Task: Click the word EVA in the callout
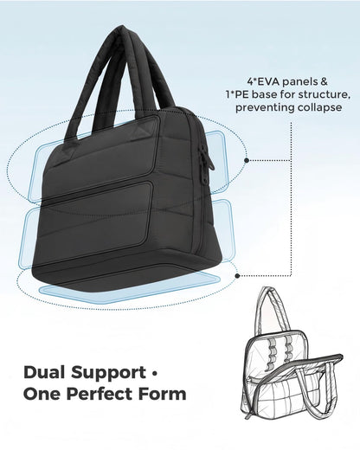pyautogui.click(x=269, y=82)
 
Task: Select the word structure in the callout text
pyautogui.click(x=323, y=94)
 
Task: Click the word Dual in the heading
pyautogui.click(x=45, y=372)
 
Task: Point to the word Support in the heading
pyautogui.click(x=109, y=374)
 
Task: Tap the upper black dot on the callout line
pyautogui.click(x=247, y=160)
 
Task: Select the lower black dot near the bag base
pyautogui.click(x=238, y=276)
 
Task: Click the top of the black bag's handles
pyautogui.click(x=124, y=29)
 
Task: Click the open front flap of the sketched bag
pyautogui.click(x=292, y=387)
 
